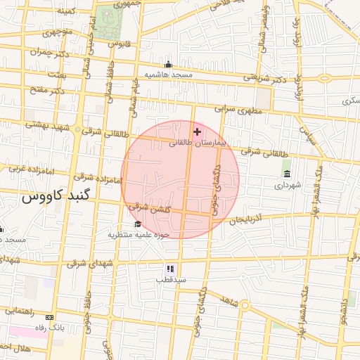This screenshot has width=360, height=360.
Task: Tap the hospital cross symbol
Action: (197, 131)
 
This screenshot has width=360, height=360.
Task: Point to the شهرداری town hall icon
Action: (287, 174)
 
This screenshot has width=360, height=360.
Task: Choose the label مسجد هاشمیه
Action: (168, 74)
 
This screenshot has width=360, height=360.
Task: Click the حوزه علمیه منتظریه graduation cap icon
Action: (136, 224)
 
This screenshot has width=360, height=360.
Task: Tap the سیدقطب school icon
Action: (170, 269)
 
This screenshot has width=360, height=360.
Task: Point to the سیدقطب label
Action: (171, 280)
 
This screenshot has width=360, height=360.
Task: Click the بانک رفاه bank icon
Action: (49, 317)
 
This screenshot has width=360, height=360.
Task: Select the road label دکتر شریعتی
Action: (270, 79)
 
